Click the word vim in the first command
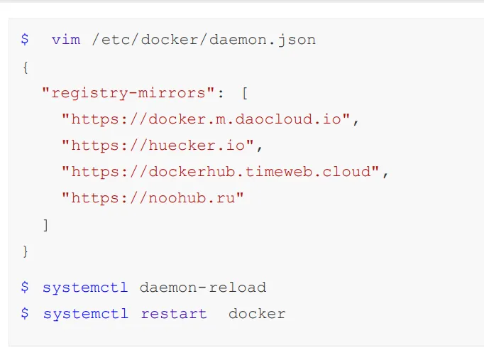point(66,40)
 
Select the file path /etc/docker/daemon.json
point(204,40)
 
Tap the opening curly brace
point(26,66)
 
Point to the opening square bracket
point(245,92)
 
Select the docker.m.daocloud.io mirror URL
point(206,119)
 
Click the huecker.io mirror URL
point(157,146)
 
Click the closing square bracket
point(45,225)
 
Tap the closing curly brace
point(26,251)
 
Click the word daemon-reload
point(203,288)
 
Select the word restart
point(174,314)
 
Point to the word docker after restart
point(257,314)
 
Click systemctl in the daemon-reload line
point(85,288)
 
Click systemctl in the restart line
point(85,314)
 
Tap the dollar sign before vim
point(25,40)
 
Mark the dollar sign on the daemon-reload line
point(25,288)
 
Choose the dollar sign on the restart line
point(25,314)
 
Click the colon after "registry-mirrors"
point(221,93)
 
